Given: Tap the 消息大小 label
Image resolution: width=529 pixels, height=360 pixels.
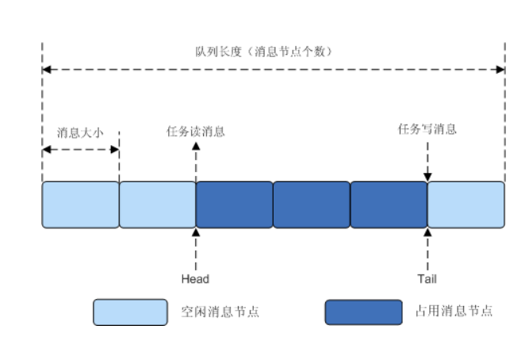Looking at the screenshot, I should tap(80, 132).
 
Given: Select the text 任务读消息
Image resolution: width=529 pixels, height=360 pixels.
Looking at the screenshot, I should tap(195, 132).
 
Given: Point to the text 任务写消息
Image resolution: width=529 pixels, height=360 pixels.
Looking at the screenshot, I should tap(427, 128).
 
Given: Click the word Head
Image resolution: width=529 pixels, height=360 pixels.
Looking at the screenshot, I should tap(195, 278).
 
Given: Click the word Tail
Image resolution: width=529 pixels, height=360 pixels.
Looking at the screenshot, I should tap(427, 278).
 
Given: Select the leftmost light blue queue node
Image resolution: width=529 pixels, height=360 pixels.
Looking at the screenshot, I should tap(80, 205).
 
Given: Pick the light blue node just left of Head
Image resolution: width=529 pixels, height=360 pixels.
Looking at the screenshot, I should tap(157, 205).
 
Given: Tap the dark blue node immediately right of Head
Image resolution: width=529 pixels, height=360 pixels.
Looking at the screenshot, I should tap(234, 205).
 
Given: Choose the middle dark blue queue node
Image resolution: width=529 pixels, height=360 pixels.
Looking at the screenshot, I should tap(311, 205).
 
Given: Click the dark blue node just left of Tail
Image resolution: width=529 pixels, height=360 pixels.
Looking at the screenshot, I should tap(388, 205).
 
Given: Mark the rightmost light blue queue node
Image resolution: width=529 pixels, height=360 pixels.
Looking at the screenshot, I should tap(466, 205).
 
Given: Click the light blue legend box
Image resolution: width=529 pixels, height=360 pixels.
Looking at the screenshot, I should tap(130, 312).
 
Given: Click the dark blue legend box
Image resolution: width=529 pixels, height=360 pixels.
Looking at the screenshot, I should tap(363, 312).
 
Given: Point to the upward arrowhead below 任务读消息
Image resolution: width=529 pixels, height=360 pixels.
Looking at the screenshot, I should tap(196, 147).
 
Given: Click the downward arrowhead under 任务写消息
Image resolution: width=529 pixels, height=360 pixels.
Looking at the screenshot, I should tap(427, 177).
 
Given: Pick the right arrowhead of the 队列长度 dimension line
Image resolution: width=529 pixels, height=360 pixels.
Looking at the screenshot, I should tap(500, 70).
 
